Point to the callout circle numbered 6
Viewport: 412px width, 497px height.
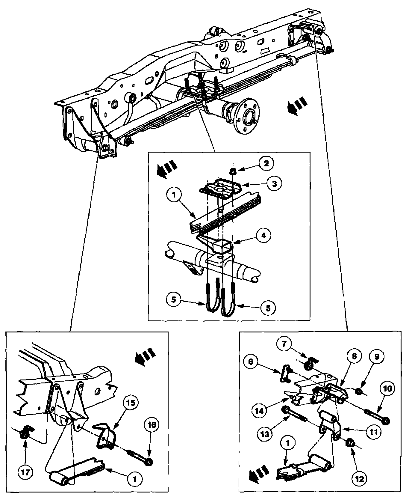point(250,362)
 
